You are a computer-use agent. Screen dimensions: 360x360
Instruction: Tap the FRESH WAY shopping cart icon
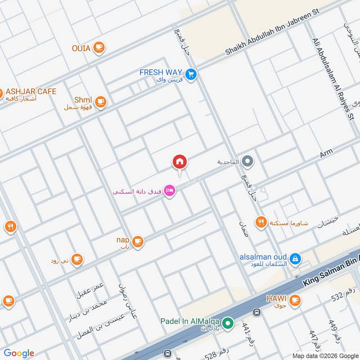pyautogui.click(x=192, y=74)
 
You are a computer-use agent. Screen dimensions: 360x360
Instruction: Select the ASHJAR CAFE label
pyautogui.click(x=31, y=92)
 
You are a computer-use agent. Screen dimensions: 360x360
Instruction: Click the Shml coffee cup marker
pyautogui.click(x=100, y=102)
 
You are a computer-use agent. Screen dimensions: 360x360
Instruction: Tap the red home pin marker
pyautogui.click(x=180, y=162)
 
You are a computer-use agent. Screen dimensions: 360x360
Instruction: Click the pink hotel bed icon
pyautogui.click(x=170, y=191)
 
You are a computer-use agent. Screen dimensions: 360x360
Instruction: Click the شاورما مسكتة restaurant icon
pyautogui.click(x=261, y=222)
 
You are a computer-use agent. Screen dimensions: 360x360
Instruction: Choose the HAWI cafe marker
pyautogui.click(x=295, y=300)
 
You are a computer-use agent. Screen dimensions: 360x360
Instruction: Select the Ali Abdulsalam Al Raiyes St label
pyautogui.click(x=333, y=79)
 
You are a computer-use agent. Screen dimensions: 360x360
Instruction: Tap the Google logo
pyautogui.click(x=19, y=353)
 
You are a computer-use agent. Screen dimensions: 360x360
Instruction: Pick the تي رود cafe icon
pyautogui.click(x=77, y=259)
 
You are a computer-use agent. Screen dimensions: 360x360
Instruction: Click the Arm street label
pyautogui.click(x=326, y=153)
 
